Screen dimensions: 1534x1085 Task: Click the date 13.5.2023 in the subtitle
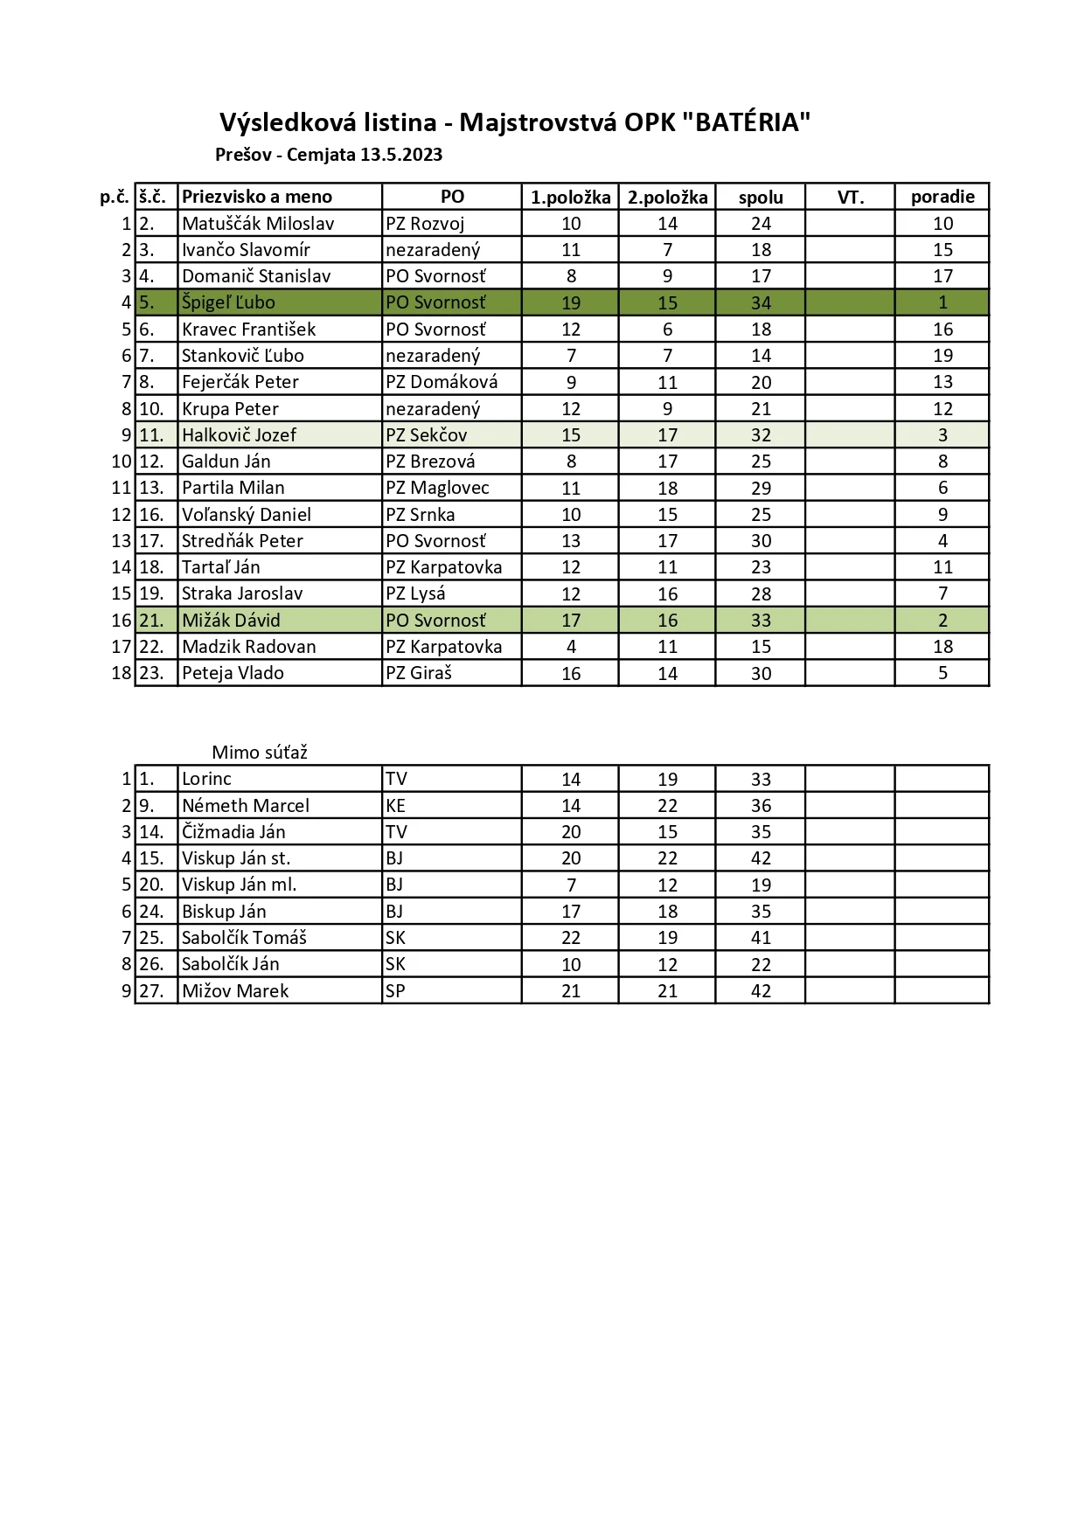[401, 156]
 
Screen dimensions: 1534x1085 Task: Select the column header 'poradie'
[942, 197]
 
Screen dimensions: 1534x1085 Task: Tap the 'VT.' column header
[850, 197]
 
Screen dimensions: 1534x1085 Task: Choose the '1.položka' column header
[570, 197]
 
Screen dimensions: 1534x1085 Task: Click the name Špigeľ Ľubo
[228, 302]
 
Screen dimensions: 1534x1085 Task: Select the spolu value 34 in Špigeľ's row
[761, 303]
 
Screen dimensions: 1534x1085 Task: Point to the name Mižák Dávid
[231, 621]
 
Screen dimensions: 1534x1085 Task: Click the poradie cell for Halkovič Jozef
[942, 435]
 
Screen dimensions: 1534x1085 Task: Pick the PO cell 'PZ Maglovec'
[437, 488]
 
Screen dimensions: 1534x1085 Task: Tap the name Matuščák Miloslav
[258, 224]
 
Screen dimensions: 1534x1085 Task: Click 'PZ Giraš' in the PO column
[419, 673]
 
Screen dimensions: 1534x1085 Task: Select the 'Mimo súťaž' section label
[260, 753]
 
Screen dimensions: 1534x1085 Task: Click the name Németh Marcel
[246, 806]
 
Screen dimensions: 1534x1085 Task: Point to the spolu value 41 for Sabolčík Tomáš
[761, 938]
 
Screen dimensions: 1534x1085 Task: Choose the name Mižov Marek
[235, 991]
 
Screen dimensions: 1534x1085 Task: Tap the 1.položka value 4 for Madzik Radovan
[571, 647]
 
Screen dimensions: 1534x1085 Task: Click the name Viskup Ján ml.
[239, 885]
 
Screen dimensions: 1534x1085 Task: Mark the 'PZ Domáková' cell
[442, 382]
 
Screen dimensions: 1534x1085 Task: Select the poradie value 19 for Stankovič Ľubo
[942, 356]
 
